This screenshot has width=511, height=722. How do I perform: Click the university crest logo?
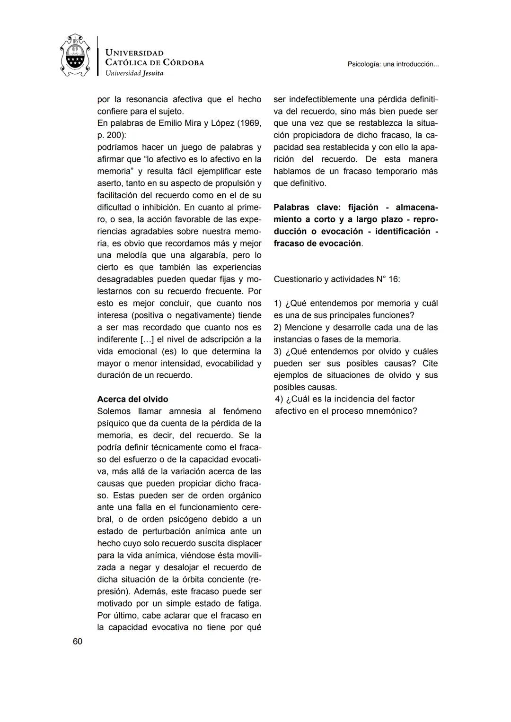[75, 56]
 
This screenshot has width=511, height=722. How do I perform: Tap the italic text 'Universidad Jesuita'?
[134, 73]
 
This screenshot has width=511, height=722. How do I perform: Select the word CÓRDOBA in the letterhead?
[183, 62]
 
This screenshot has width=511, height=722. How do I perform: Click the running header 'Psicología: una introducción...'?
[393, 64]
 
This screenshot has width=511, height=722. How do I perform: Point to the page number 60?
[78, 642]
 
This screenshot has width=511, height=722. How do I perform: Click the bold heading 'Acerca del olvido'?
[132, 399]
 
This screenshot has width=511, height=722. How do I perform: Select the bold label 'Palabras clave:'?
[308, 208]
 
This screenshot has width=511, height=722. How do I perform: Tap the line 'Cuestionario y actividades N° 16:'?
[336, 279]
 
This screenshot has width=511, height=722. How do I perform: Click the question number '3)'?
[278, 351]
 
